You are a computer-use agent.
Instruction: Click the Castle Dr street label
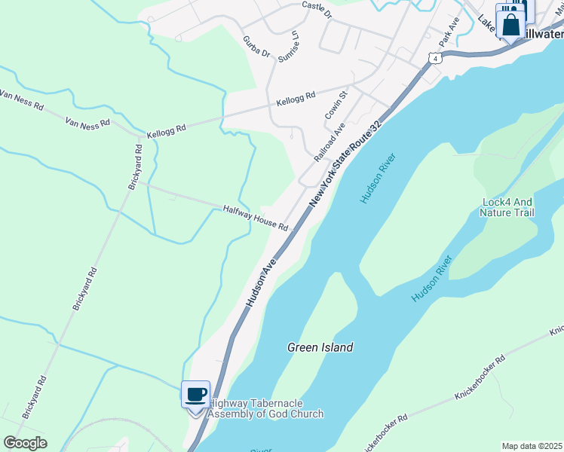coord(316,10)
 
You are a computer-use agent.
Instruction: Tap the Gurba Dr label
coord(256,46)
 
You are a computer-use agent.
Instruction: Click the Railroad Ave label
coord(329,142)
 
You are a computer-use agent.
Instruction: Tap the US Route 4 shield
coord(431,59)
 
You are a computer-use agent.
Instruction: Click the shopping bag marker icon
coord(510,26)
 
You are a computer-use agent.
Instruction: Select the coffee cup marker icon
coord(196,394)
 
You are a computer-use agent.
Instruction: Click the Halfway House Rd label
coord(256,218)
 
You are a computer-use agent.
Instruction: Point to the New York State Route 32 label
coord(344,163)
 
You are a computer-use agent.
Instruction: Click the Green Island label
coord(320,347)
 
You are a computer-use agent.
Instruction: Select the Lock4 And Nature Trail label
coord(507,207)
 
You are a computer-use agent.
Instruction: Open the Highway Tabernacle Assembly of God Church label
coord(265,408)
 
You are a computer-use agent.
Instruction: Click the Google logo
coord(25,442)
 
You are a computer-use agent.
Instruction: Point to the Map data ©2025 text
coord(532,446)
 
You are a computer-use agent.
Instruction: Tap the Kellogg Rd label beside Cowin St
coord(296,100)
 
